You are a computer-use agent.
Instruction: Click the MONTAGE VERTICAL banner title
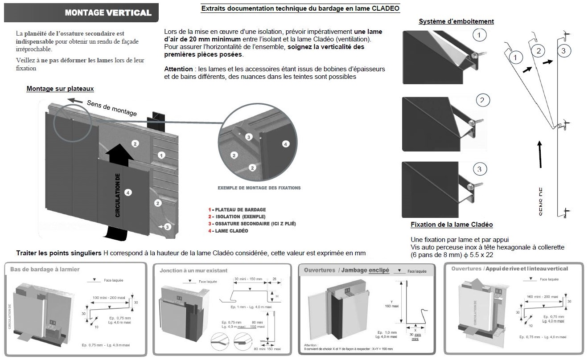108,12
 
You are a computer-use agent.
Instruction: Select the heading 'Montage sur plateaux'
60,89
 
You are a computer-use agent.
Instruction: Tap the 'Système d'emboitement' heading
456,21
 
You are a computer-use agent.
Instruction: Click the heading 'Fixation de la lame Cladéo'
452,225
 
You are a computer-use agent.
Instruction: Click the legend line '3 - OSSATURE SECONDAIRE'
251,224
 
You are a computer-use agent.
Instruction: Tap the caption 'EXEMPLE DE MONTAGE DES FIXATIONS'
259,188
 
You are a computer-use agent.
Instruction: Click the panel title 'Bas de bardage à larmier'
45,270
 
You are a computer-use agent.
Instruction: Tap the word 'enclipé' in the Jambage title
378,270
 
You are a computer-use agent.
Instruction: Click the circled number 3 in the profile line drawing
563,51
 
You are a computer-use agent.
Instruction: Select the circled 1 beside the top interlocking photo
478,35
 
